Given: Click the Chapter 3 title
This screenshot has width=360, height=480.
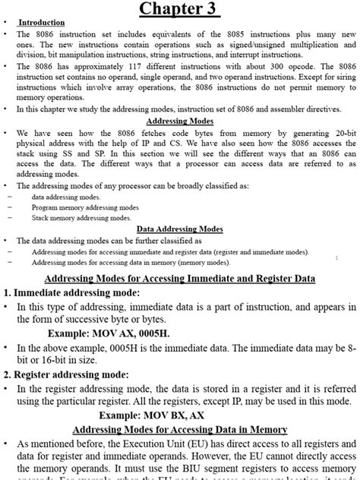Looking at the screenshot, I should click(179, 10).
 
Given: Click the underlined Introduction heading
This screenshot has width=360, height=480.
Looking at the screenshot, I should click(42, 23).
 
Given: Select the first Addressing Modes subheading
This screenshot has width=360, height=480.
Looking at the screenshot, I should click(179, 121).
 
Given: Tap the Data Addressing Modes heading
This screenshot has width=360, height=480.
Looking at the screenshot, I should click(179, 229).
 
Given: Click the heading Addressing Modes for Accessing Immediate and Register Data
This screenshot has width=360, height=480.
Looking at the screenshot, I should click(179, 278).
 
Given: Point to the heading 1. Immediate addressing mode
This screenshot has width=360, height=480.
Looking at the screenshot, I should click(72, 292).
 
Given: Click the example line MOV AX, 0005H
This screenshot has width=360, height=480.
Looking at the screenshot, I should click(109, 333).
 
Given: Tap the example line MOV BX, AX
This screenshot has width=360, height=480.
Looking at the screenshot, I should click(151, 415).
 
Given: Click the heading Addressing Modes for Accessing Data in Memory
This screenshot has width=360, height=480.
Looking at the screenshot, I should click(179, 430).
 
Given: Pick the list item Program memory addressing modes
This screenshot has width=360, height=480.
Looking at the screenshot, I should click(85, 207).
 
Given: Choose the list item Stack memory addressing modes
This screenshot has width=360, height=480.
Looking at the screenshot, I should click(81, 218).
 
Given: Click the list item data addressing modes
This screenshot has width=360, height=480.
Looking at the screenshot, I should click(66, 197).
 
